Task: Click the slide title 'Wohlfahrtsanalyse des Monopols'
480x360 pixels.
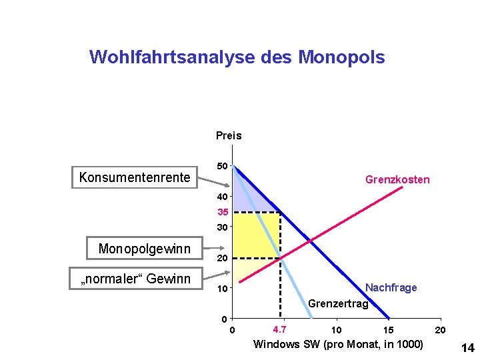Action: click(x=237, y=57)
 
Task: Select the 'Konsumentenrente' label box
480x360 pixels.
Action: click(x=135, y=177)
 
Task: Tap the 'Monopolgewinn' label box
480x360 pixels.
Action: click(x=144, y=249)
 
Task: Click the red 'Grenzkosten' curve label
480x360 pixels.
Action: click(x=397, y=179)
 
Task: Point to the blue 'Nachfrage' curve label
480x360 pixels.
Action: click(x=391, y=287)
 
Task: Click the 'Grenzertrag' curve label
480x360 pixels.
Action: click(x=338, y=304)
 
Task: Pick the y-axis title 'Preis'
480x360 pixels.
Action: click(x=229, y=135)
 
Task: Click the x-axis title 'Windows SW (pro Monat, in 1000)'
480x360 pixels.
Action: click(x=338, y=344)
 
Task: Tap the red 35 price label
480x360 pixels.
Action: click(x=223, y=213)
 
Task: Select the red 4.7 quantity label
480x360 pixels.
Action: click(x=280, y=329)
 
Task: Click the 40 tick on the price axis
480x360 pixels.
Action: click(x=223, y=197)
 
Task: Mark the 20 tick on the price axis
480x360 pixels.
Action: click(x=223, y=258)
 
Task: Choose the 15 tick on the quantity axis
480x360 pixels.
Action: click(x=388, y=330)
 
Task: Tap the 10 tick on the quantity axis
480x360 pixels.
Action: click(x=337, y=330)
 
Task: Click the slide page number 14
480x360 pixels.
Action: click(x=467, y=347)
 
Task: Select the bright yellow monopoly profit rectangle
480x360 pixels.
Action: click(x=255, y=235)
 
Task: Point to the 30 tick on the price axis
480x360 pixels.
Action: click(x=223, y=227)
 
